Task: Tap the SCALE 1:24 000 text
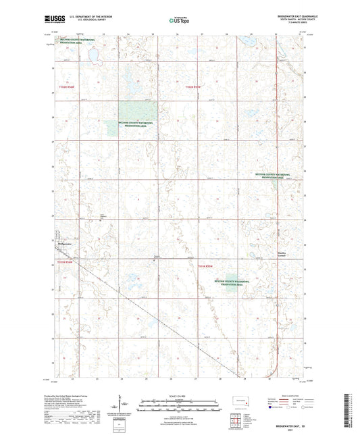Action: [x=180, y=396]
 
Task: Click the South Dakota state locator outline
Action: [x=240, y=400]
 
